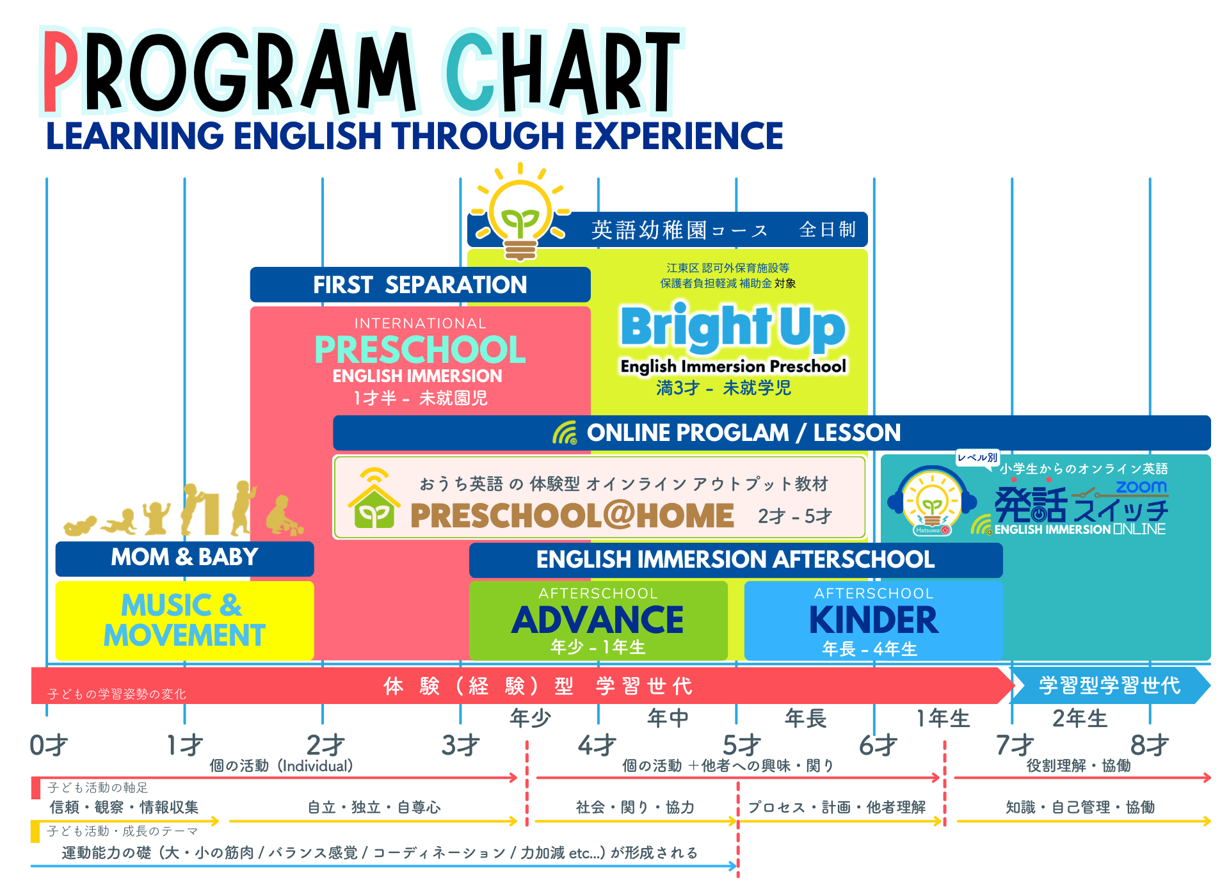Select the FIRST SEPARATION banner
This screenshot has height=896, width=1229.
(x=420, y=285)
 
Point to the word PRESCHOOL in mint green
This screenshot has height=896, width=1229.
(x=420, y=349)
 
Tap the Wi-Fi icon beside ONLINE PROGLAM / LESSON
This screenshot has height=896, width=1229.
(x=565, y=433)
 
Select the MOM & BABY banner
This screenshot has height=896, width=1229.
(x=184, y=558)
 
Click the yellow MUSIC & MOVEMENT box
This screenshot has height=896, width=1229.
(x=184, y=620)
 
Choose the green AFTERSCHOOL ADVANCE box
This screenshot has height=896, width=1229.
(x=598, y=620)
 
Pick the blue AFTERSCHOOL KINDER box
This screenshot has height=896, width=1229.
(x=873, y=620)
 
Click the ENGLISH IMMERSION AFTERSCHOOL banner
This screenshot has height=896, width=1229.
(x=735, y=560)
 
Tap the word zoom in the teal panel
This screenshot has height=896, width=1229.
(x=1141, y=487)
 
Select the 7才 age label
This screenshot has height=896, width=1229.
(x=1015, y=746)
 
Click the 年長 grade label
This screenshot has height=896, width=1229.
(x=806, y=719)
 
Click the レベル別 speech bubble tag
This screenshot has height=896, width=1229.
(x=977, y=457)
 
